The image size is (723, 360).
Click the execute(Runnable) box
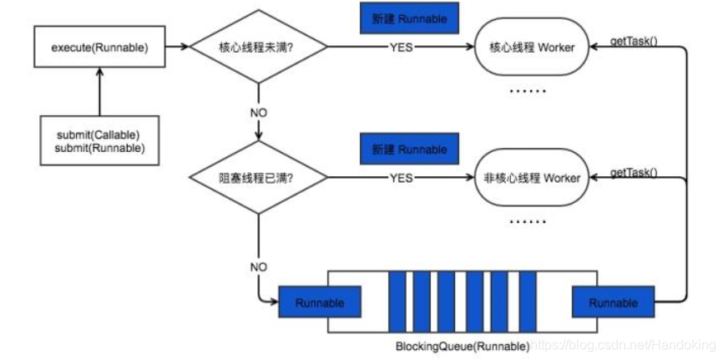pyautogui.click(x=99, y=48)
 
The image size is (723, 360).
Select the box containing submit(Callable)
pyautogui.click(x=99, y=141)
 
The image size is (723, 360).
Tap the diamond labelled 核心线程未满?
pyautogui.click(x=259, y=48)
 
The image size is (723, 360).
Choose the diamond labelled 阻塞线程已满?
pyautogui.click(x=259, y=178)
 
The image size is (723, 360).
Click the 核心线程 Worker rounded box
pyautogui.click(x=531, y=48)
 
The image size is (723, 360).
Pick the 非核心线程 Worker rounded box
pyautogui.click(x=531, y=178)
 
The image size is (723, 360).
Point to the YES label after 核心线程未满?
pyautogui.click(x=402, y=48)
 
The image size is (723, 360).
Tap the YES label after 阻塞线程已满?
pyautogui.click(x=402, y=178)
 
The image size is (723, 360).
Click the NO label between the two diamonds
pyautogui.click(x=259, y=111)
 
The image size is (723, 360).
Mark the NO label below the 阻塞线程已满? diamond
pyautogui.click(x=259, y=266)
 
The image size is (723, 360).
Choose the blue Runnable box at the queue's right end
pyautogui.click(x=613, y=302)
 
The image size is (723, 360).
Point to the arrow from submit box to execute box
pyautogui.click(x=99, y=92)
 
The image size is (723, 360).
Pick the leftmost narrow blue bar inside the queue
pyautogui.click(x=396, y=302)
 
